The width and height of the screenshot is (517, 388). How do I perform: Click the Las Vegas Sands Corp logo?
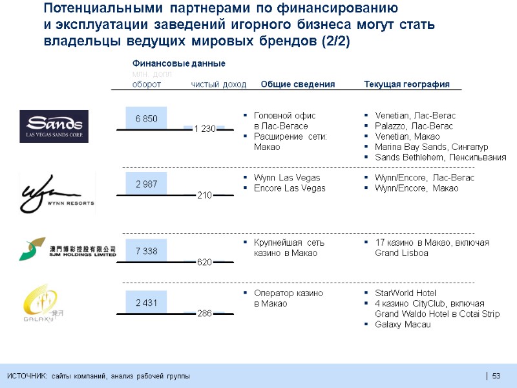(54, 126)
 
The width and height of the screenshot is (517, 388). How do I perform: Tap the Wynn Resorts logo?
(57, 191)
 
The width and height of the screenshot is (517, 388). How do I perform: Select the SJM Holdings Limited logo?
(67, 250)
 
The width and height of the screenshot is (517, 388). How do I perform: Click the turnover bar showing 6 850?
(146, 119)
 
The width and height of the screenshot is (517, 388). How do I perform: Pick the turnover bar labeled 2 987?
(146, 184)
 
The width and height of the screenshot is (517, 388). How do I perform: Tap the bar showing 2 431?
(146, 303)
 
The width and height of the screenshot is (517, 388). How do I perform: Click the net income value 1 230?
(204, 129)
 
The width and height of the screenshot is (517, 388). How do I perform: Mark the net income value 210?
(204, 195)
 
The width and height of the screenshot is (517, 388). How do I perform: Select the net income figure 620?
(204, 261)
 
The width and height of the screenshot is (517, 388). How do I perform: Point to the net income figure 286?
(204, 314)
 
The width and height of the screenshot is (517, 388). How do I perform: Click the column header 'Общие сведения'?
(297, 85)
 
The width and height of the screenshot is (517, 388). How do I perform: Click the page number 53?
(496, 376)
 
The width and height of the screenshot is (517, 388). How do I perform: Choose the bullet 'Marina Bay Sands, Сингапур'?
(431, 147)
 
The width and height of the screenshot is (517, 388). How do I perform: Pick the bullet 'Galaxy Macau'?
(403, 324)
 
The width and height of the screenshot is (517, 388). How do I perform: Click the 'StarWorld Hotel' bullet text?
(406, 293)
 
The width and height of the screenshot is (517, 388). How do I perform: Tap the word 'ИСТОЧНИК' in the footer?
(26, 376)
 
